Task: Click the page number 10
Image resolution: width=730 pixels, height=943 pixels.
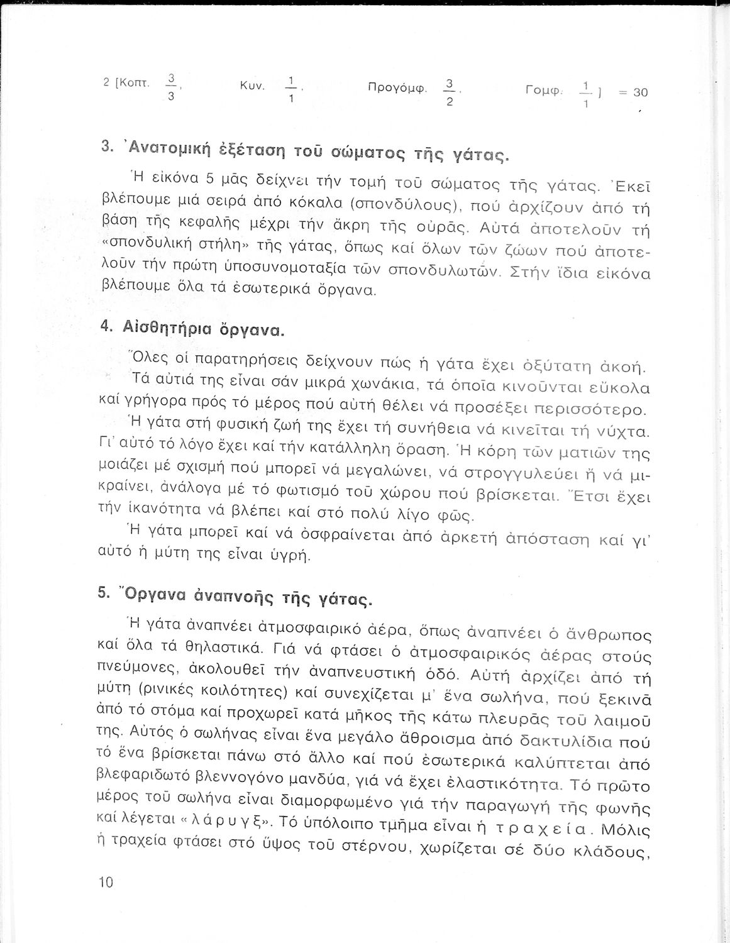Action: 105,882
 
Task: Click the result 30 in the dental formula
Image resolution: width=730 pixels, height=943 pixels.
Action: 640,92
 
